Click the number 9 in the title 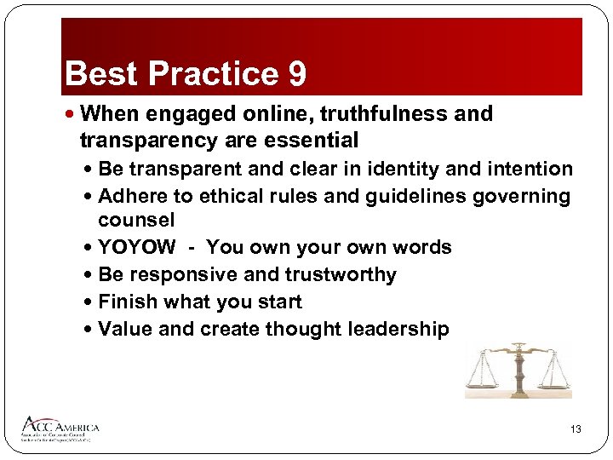click(297, 74)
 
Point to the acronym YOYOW click(137, 247)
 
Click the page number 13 click(576, 429)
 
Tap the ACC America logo click(60, 428)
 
